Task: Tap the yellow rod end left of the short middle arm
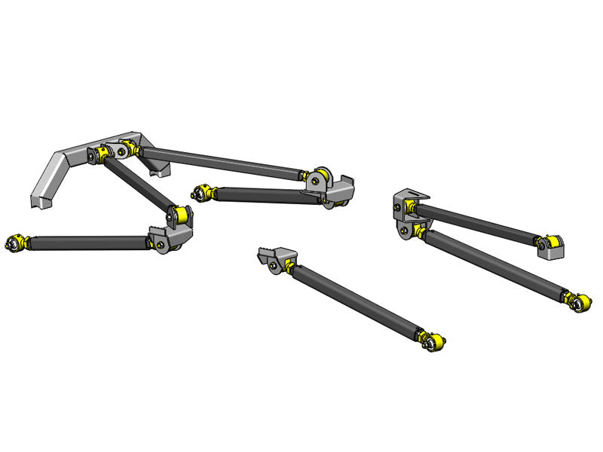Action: coord(201,194)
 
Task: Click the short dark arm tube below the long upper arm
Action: coord(256,195)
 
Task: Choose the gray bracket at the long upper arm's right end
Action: coord(341,188)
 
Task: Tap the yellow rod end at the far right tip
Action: coord(580,303)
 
